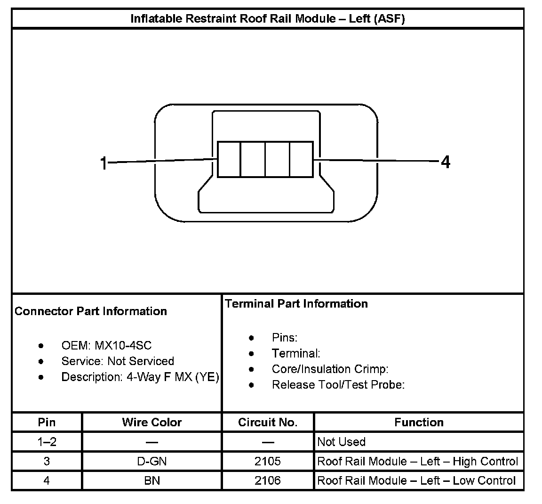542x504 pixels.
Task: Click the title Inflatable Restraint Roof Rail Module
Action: (x=267, y=19)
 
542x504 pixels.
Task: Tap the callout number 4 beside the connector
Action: (x=445, y=163)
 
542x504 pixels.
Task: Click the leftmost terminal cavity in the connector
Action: (x=229, y=159)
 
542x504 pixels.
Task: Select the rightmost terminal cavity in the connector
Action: (x=301, y=159)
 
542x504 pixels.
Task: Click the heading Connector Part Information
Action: (x=91, y=311)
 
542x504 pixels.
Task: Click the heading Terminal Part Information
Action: (x=296, y=304)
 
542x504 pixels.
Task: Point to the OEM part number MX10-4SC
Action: (x=123, y=346)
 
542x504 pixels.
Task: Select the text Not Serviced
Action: (x=141, y=361)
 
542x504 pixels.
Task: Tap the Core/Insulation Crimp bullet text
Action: (x=330, y=369)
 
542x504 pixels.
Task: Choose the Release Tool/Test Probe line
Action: (x=338, y=385)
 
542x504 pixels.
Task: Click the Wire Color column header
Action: (x=151, y=423)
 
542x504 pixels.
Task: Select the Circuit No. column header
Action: (x=268, y=423)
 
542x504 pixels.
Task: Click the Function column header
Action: (x=419, y=423)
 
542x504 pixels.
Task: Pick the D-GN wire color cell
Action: (x=151, y=461)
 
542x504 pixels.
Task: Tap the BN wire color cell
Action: (x=151, y=480)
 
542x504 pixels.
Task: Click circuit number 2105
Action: (x=268, y=461)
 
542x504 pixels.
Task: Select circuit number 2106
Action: (x=268, y=480)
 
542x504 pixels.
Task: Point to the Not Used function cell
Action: (x=342, y=442)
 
